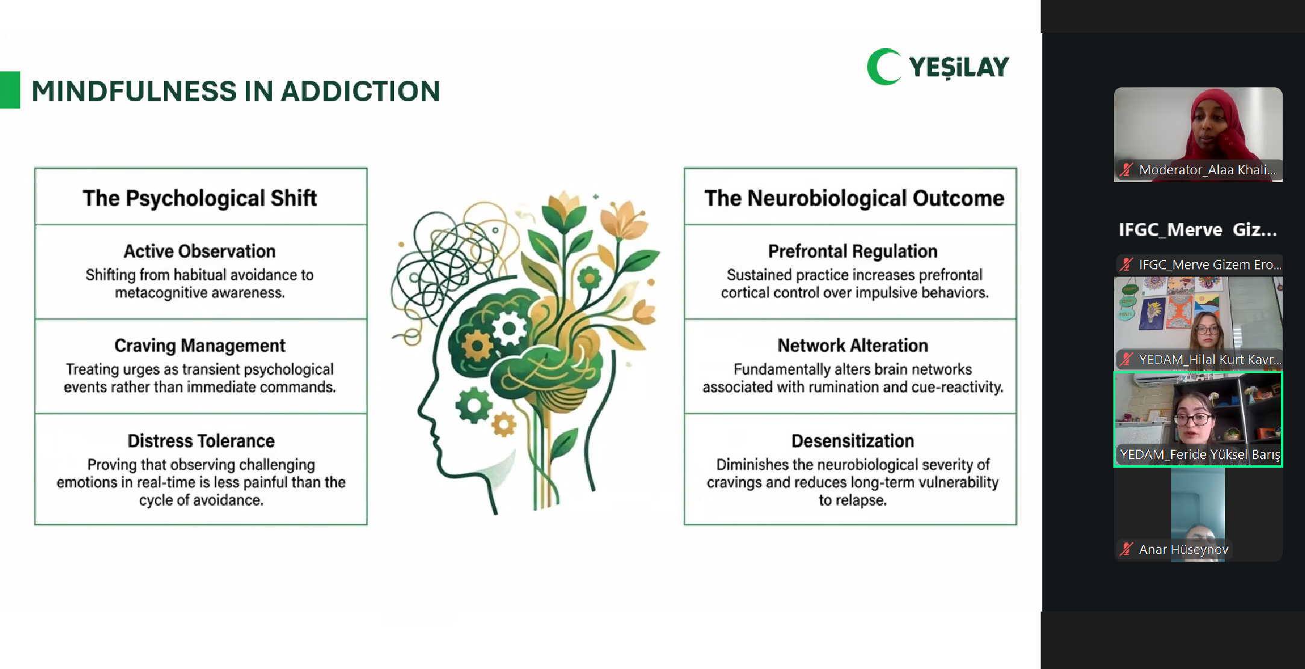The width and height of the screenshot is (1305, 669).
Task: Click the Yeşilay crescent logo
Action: pyautogui.click(x=883, y=66)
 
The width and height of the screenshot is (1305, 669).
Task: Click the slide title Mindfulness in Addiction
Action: pyautogui.click(x=236, y=91)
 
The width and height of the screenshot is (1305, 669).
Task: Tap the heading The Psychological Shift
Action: pyautogui.click(x=200, y=198)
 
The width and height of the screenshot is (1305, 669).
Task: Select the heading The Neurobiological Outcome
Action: pyautogui.click(x=854, y=198)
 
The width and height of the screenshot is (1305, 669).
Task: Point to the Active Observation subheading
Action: pyautogui.click(x=199, y=251)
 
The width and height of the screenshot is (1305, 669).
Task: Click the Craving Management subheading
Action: pyautogui.click(x=200, y=345)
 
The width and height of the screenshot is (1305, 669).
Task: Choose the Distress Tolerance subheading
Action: pyautogui.click(x=201, y=441)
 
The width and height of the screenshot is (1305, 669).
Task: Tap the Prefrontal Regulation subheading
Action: pyautogui.click(x=853, y=251)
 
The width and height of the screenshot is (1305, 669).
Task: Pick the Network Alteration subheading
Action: pyautogui.click(x=853, y=345)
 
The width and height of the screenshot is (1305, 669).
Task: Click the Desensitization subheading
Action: pyautogui.click(x=853, y=441)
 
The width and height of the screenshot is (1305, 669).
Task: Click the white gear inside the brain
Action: pyautogui.click(x=510, y=328)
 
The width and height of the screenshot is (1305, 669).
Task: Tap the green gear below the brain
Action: pyautogui.click(x=474, y=406)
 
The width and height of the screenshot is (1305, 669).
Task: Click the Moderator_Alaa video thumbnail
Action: pyautogui.click(x=1198, y=134)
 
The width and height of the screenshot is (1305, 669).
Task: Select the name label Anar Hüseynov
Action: pyautogui.click(x=1183, y=549)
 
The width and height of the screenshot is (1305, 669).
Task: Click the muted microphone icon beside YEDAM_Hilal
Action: pyautogui.click(x=1126, y=360)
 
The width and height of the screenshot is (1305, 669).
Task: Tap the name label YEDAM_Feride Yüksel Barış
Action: pyautogui.click(x=1200, y=454)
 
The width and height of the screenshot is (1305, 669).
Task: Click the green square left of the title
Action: pyautogui.click(x=10, y=90)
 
